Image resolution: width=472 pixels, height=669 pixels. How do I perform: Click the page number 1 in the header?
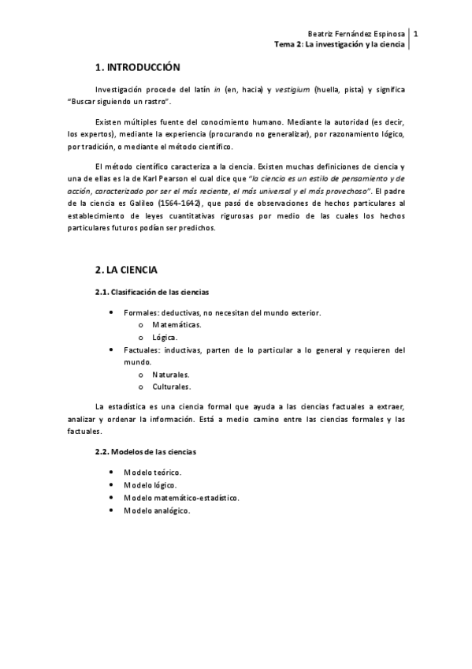(415, 34)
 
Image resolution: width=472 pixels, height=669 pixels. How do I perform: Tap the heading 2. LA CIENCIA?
(126, 270)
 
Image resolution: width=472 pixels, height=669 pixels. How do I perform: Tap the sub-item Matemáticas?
(177, 325)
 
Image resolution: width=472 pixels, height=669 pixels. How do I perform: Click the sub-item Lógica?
(165, 337)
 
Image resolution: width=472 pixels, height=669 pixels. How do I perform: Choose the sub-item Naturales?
(171, 375)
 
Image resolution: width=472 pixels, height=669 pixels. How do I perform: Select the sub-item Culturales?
(172, 387)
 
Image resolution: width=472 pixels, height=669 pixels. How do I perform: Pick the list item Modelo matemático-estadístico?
(181, 498)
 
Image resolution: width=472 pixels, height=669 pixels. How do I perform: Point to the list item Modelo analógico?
(157, 510)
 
